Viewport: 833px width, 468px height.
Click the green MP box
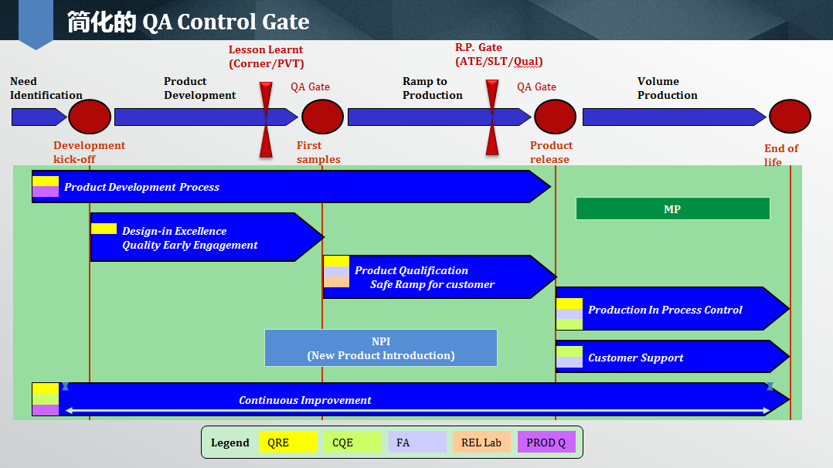coord(672,209)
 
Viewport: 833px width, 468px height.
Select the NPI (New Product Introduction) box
coord(381,348)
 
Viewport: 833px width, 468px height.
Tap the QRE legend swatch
coord(288,442)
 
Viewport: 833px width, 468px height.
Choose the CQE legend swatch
coord(352,442)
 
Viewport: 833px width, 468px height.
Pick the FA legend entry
coord(417,442)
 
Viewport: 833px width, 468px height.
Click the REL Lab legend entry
coord(482,442)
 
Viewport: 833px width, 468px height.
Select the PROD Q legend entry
coord(546,442)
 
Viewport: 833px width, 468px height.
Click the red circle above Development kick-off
coord(90,117)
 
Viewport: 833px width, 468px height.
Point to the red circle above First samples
coord(322,117)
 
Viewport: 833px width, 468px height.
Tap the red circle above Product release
coord(555,117)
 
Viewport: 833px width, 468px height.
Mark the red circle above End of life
coord(790,117)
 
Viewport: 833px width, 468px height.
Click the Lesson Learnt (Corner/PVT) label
coord(266,56)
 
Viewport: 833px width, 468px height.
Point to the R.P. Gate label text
coord(478,47)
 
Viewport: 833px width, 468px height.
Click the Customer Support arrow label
coord(636,358)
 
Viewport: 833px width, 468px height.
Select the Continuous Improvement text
coord(305,400)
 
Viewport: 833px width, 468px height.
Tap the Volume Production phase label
coord(668,88)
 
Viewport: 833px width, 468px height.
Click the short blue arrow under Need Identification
coord(39,117)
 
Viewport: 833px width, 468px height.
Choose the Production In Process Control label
coord(665,310)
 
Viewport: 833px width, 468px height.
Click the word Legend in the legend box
coord(230,443)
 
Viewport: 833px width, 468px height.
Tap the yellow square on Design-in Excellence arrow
coord(104,229)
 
